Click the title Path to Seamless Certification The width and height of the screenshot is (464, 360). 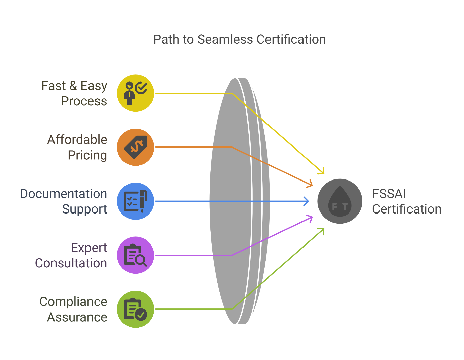pyautogui.click(x=239, y=39)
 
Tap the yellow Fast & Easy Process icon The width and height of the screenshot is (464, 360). pyautogui.click(x=135, y=93)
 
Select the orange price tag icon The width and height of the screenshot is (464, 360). pyautogui.click(x=135, y=147)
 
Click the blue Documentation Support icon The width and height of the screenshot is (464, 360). pyautogui.click(x=135, y=201)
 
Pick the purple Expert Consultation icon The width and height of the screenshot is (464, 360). pyautogui.click(x=135, y=255)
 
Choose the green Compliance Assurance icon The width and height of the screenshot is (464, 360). pyautogui.click(x=135, y=309)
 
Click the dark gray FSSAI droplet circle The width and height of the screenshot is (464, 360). pyautogui.click(x=340, y=201)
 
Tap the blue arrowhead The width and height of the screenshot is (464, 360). pyautogui.click(x=307, y=201)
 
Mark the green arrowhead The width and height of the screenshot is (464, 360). pyautogui.click(x=323, y=230)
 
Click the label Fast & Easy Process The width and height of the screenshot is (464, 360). pyautogui.click(x=74, y=93)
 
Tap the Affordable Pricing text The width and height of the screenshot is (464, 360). pyautogui.click(x=77, y=147)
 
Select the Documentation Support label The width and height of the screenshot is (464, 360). pyautogui.click(x=64, y=201)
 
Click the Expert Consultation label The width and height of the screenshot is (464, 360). pyautogui.click(x=71, y=255)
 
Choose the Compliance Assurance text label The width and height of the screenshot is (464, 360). pyautogui.click(x=74, y=309)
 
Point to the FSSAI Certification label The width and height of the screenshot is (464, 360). pyautogui.click(x=406, y=201)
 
